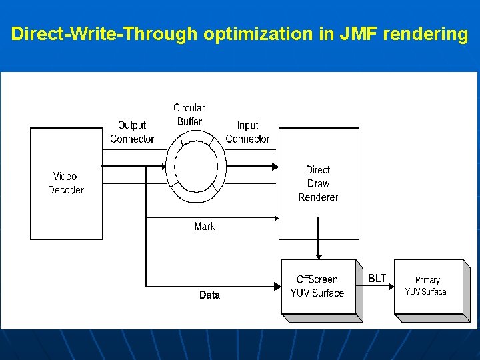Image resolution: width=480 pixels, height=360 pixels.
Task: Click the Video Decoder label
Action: pyautogui.click(x=65, y=183)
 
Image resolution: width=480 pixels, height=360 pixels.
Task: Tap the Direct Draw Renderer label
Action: pyautogui.click(x=318, y=183)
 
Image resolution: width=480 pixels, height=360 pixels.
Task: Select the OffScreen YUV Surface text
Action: pyautogui.click(x=317, y=287)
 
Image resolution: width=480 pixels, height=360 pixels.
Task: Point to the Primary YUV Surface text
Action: pyautogui.click(x=427, y=286)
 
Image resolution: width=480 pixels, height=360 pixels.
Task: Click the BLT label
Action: pyautogui.click(x=377, y=278)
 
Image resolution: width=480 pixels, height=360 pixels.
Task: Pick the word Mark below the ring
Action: pyautogui.click(x=204, y=227)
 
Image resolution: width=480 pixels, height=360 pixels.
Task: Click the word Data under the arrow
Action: pyautogui.click(x=209, y=295)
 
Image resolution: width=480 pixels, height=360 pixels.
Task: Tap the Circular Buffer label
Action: pyautogui.click(x=189, y=115)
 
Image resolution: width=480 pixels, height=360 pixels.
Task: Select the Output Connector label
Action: pyautogui.click(x=132, y=132)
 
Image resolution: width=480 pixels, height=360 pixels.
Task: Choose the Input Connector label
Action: pyautogui.click(x=247, y=132)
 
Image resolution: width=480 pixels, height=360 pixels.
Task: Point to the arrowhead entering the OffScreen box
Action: pyautogui.click(x=277, y=286)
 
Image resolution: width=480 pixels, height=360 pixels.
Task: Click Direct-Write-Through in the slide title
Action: pyautogui.click(x=105, y=34)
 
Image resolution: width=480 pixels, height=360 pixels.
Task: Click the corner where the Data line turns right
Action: pyautogui.click(x=145, y=286)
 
